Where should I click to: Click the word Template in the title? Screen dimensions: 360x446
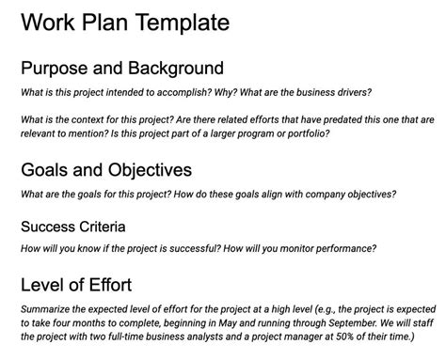(x=180, y=22)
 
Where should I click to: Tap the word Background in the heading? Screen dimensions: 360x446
(x=176, y=69)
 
